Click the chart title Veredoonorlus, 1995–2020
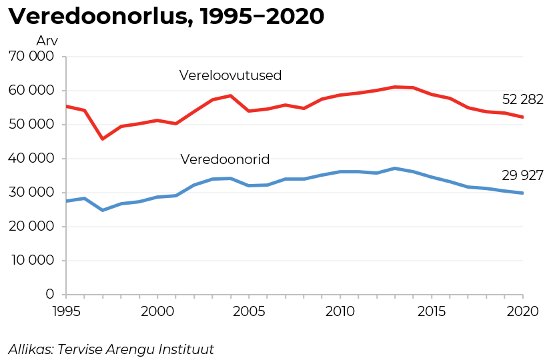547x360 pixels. tap(166, 17)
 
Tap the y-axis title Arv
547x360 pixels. tap(47, 41)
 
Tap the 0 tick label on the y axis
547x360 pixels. tap(50, 295)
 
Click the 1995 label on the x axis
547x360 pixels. tap(66, 310)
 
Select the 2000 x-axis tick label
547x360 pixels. tap(157, 310)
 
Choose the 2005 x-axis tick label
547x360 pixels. tap(249, 310)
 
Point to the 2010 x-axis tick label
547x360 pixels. tap(340, 310)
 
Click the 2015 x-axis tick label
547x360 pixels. tap(432, 310)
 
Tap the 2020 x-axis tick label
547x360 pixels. tap(522, 310)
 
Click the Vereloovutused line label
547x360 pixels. tap(231, 76)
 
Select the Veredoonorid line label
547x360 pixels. tap(225, 160)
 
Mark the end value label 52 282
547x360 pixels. tap(522, 100)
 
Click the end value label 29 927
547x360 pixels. tap(522, 176)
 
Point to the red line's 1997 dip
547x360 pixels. tap(103, 139)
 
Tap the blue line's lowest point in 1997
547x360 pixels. tap(103, 210)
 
